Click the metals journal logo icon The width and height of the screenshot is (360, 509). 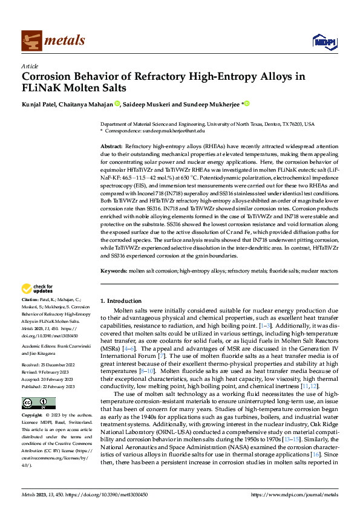tap(30, 39)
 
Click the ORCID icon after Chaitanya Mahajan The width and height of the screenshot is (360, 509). tap(117, 103)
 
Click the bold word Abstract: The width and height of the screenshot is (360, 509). tap(111, 147)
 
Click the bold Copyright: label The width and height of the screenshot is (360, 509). tap(33, 399)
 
